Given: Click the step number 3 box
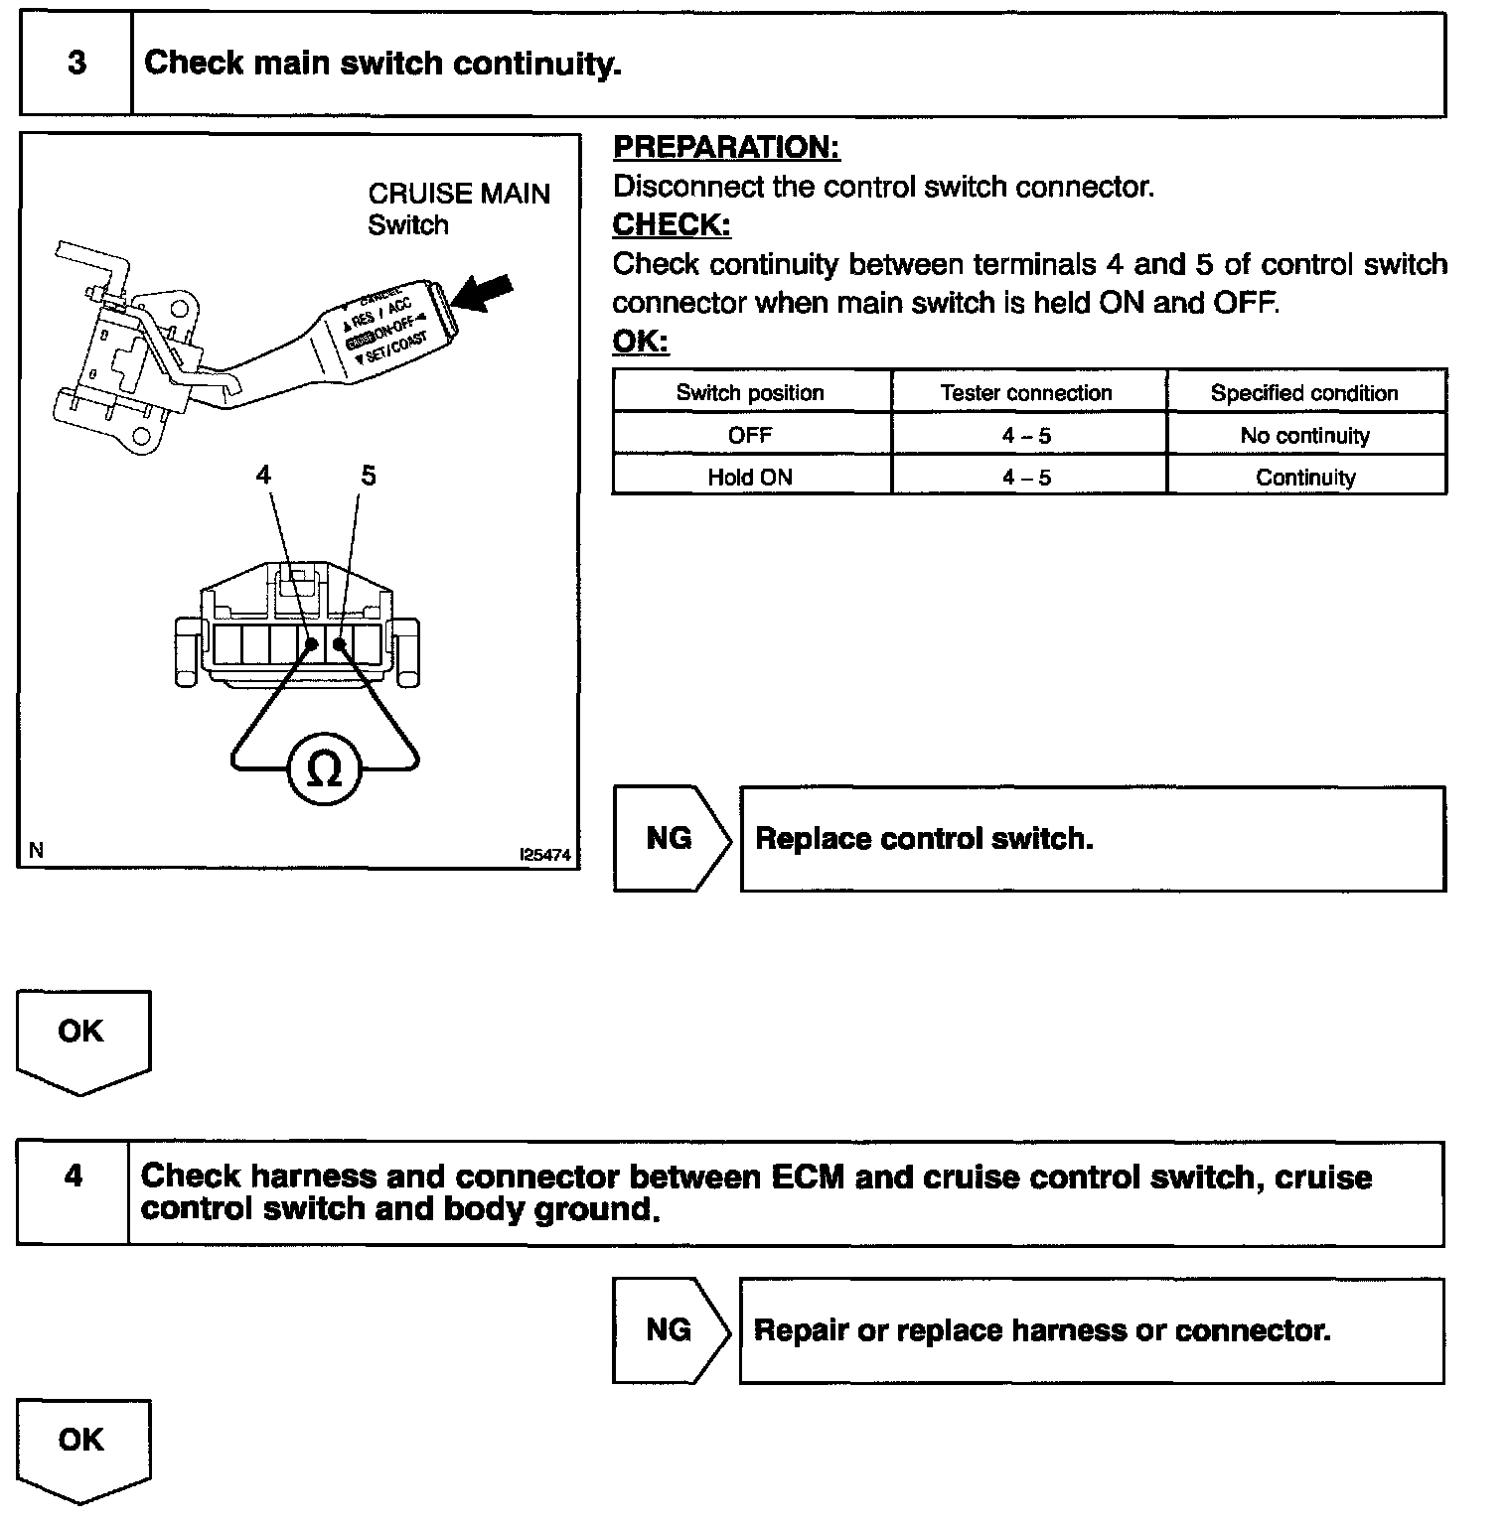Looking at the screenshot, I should click(x=76, y=65).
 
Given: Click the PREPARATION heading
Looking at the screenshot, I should click(x=726, y=148).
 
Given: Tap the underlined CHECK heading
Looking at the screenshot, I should click(x=672, y=225).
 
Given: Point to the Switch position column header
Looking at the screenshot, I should click(x=750, y=393).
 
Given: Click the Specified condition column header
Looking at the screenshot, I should click(x=1303, y=393).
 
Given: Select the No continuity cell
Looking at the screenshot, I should click(x=1304, y=436).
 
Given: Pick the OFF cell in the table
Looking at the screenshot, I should click(x=750, y=436).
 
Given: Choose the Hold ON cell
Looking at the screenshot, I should click(x=750, y=478).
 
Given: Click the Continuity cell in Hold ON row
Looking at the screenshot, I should click(x=1304, y=478).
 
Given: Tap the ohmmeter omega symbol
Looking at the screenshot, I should click(x=324, y=769).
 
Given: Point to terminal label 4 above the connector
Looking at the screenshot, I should click(x=263, y=476).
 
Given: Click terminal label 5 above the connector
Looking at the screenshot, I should click(x=369, y=476).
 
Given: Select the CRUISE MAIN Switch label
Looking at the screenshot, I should click(x=458, y=208).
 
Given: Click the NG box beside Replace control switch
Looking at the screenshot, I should click(x=670, y=839).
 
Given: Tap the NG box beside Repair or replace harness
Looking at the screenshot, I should click(x=669, y=1330).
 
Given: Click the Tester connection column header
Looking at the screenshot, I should click(x=1026, y=393).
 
